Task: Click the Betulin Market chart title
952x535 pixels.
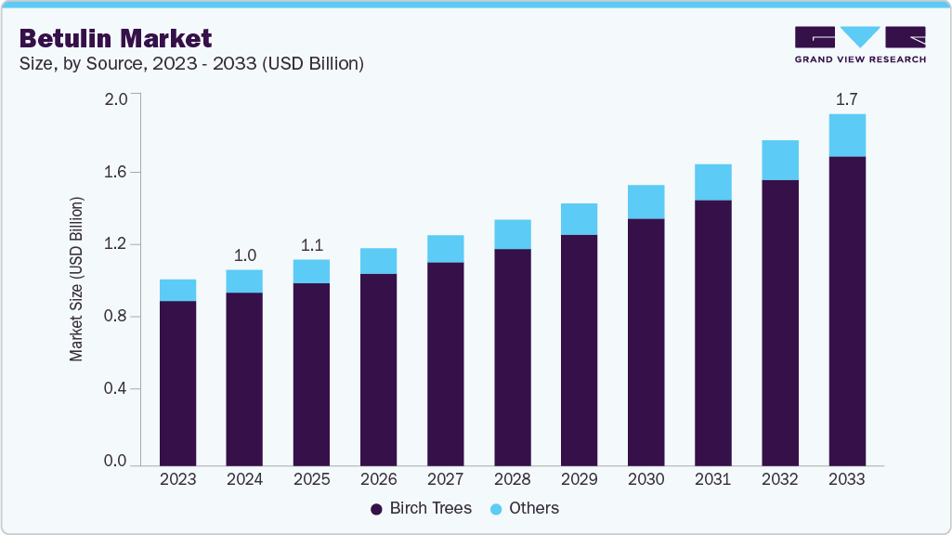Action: tap(115, 38)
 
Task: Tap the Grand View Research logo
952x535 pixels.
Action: tap(859, 44)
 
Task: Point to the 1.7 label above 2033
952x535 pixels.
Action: tap(846, 98)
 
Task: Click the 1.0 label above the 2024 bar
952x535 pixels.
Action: tap(244, 254)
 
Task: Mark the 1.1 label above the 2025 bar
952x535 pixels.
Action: tap(311, 245)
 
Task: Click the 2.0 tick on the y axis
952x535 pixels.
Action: tap(115, 99)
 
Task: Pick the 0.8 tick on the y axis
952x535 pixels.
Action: tap(115, 317)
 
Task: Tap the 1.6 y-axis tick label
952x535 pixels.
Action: tap(115, 172)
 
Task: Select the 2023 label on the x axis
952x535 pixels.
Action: tap(177, 479)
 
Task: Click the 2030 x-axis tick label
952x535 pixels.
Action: tap(646, 479)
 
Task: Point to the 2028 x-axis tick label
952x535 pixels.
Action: tap(512, 479)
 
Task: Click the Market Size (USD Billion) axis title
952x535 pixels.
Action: tap(77, 279)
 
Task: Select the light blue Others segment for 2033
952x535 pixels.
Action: tap(846, 136)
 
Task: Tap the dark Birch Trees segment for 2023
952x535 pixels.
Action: tap(177, 383)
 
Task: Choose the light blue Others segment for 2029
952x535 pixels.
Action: tap(579, 219)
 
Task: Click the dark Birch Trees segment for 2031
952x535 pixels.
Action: tap(712, 333)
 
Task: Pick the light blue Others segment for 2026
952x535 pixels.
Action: tap(378, 261)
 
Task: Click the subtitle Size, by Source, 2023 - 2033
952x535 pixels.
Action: tap(191, 64)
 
